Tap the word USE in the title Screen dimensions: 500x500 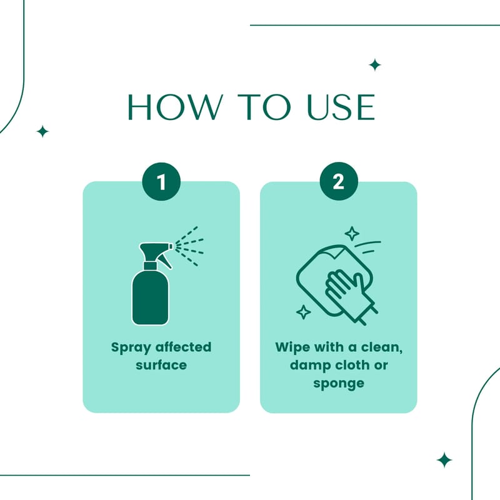341,107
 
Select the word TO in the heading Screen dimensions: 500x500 264,107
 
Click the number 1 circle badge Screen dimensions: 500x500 161,181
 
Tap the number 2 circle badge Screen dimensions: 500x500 339,181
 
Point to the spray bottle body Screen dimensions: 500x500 150,297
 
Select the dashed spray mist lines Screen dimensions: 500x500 189,246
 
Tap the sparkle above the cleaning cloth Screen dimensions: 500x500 352,234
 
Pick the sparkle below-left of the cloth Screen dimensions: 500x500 304,312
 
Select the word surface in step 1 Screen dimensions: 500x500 161,365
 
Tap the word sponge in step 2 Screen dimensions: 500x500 339,384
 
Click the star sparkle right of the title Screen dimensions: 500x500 375,65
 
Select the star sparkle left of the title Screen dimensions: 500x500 42,131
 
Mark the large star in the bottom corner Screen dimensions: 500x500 444,460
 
